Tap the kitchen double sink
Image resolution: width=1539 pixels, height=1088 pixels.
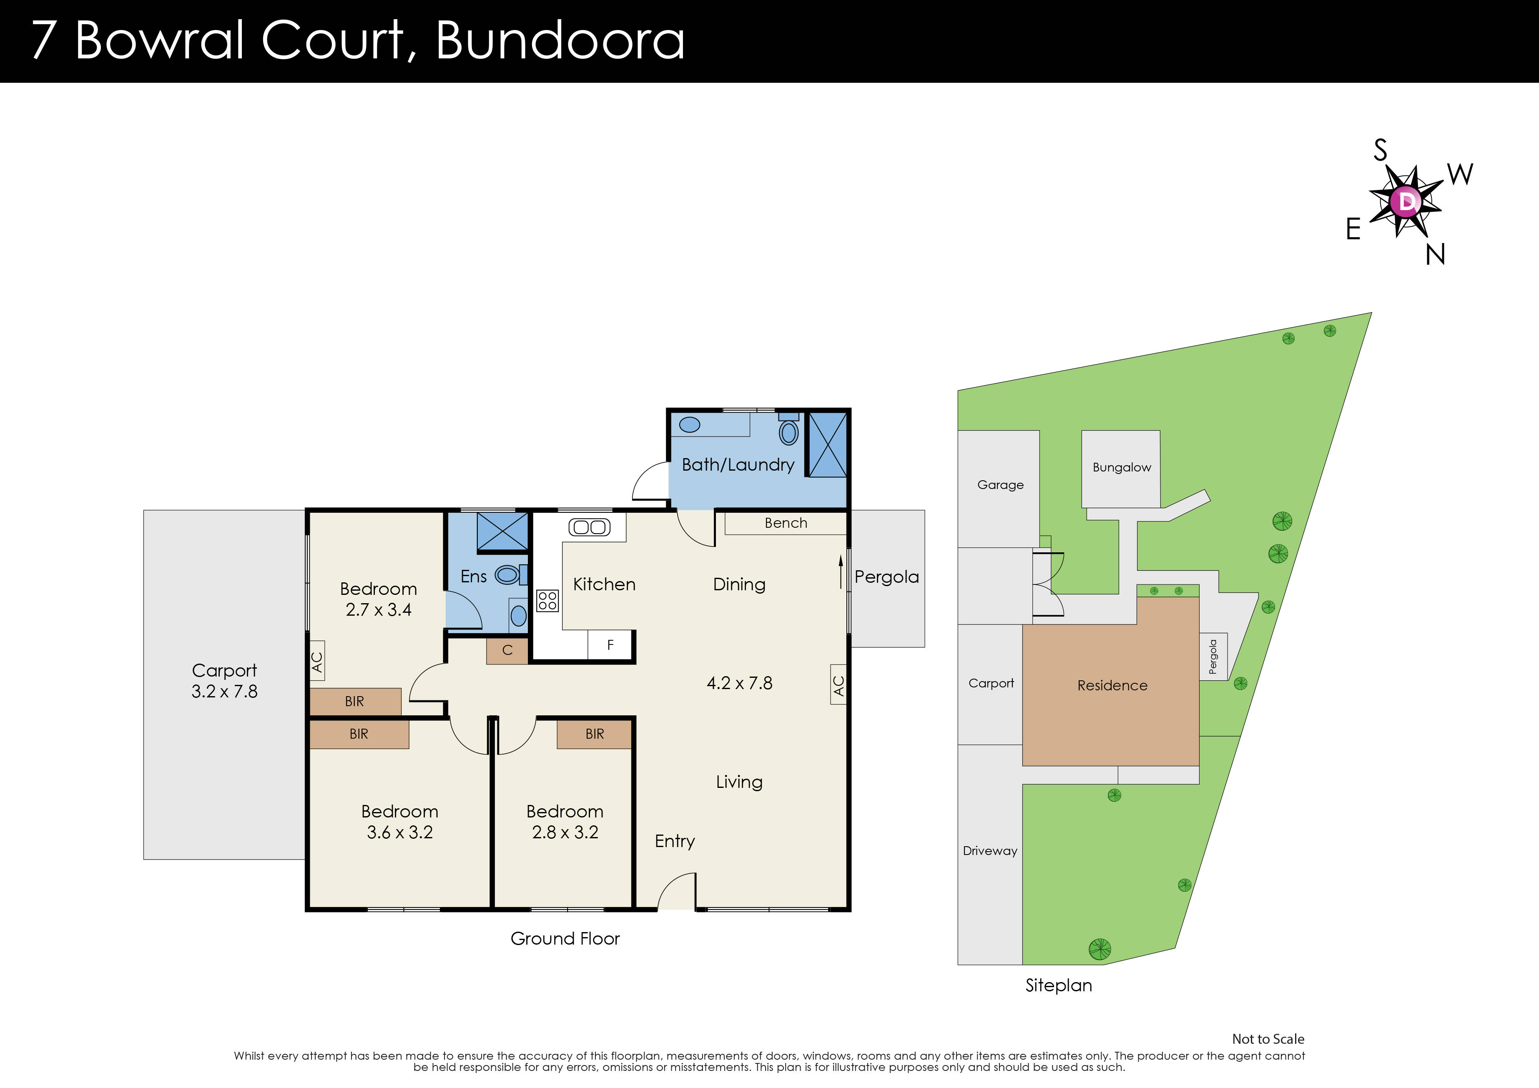click(590, 527)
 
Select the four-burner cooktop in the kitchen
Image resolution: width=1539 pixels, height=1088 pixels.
click(547, 600)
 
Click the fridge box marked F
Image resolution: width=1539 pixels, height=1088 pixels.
click(610, 645)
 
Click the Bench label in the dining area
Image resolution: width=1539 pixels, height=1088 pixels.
click(786, 523)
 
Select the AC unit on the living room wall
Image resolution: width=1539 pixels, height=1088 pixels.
click(838, 684)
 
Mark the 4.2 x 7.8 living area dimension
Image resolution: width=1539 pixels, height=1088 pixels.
click(739, 683)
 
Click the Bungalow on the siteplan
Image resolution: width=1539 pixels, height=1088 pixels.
click(1121, 468)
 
